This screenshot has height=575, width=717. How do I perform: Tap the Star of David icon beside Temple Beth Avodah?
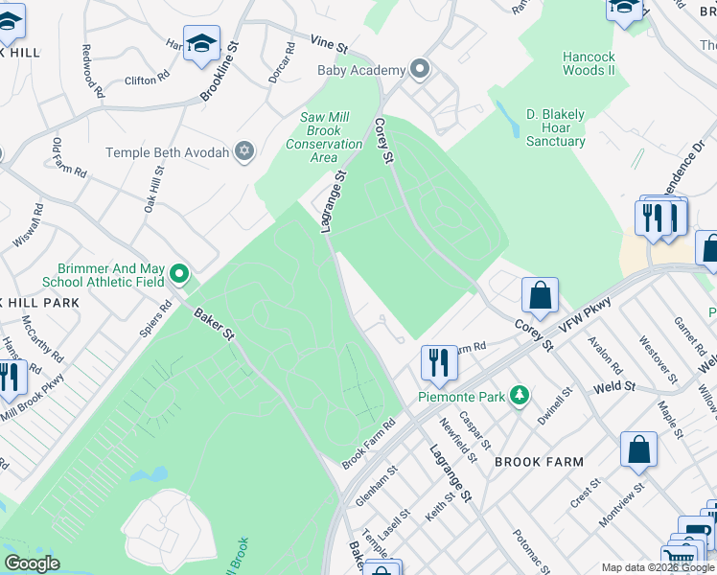tap(244, 151)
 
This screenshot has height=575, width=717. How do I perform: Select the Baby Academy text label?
tap(361, 70)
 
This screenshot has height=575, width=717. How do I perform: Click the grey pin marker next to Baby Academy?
tap(419, 69)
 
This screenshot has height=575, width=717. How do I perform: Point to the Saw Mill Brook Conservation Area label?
tap(324, 137)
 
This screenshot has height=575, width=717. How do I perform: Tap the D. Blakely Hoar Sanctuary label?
tap(555, 127)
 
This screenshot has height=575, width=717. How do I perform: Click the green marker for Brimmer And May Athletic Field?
tap(179, 275)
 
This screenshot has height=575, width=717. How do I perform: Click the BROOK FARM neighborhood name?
tap(539, 462)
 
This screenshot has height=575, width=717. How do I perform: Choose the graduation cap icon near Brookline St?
tap(202, 44)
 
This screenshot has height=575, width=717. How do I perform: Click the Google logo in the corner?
tap(32, 563)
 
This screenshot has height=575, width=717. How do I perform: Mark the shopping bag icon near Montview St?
tap(638, 451)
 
